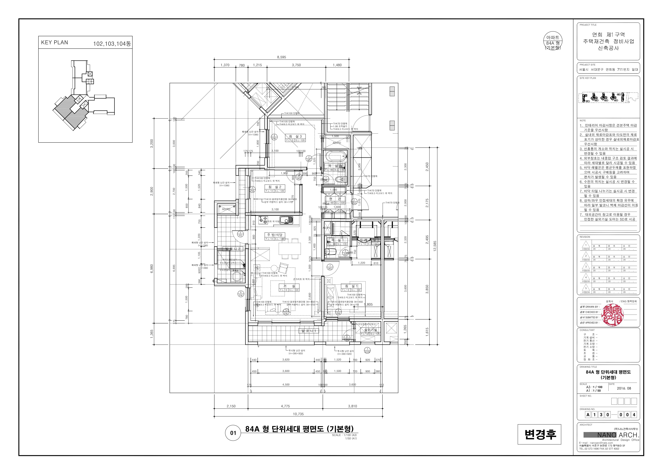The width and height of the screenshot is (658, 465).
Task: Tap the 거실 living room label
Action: point(289,286)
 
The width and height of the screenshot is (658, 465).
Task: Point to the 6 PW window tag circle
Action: point(241,294)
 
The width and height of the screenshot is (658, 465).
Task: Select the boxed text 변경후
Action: point(539,434)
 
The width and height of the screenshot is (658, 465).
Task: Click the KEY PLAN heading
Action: point(54,42)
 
